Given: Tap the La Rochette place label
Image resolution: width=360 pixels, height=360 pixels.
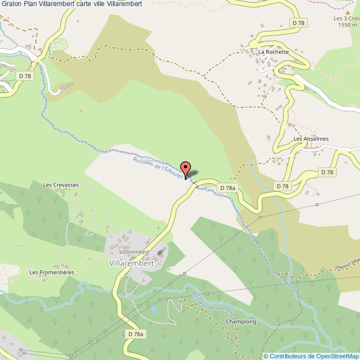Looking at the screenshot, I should pos(274,52).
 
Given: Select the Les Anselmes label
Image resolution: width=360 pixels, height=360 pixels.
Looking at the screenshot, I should pos(311,139).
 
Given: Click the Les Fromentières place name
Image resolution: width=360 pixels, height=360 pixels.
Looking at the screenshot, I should pos(52,272).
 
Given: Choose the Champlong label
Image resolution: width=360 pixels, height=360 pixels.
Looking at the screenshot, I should pos(241,321).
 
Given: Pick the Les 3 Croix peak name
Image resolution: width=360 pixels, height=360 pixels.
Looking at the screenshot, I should pos(346,18).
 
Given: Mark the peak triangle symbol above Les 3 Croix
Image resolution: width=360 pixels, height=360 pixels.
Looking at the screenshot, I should pos(347,11).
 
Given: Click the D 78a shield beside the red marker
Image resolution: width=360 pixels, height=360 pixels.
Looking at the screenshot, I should pos(228,188).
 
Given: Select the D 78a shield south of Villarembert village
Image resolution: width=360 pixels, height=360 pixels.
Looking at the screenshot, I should pos(136,334).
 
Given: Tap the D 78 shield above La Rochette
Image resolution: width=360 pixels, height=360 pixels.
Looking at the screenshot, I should pos(299,23).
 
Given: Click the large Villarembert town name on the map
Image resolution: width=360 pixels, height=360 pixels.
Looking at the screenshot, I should pos(132,263).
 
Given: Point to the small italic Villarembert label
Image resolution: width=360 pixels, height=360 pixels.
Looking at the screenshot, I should pos(131,251).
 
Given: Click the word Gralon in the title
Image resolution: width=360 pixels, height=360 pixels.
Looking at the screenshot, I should pos(11,4).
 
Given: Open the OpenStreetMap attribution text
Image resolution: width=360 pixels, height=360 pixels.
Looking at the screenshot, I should pos(311,356).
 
